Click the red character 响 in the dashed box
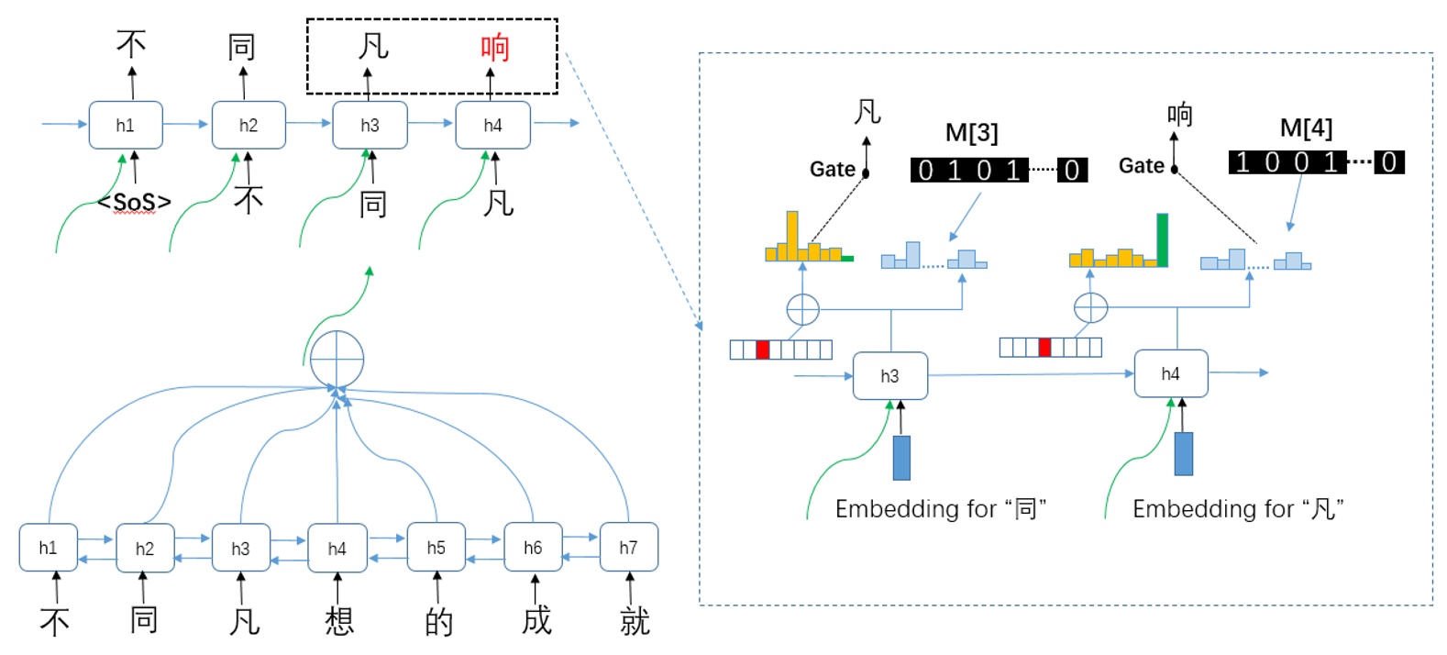494,47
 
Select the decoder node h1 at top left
126,125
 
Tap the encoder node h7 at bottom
628,548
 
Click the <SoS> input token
135,201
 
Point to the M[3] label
971,133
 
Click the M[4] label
1306,128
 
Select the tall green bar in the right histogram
1162,240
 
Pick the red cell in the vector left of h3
762,350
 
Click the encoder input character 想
338,621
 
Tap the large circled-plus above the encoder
337,359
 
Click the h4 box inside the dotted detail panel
1170,373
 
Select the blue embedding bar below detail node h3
901,458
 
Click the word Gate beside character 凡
832,169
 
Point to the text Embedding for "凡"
1237,509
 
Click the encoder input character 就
634,621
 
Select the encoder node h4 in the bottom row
337,549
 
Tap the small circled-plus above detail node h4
1090,308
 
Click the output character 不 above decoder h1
131,44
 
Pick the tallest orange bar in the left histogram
791,236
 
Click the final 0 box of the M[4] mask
1388,162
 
